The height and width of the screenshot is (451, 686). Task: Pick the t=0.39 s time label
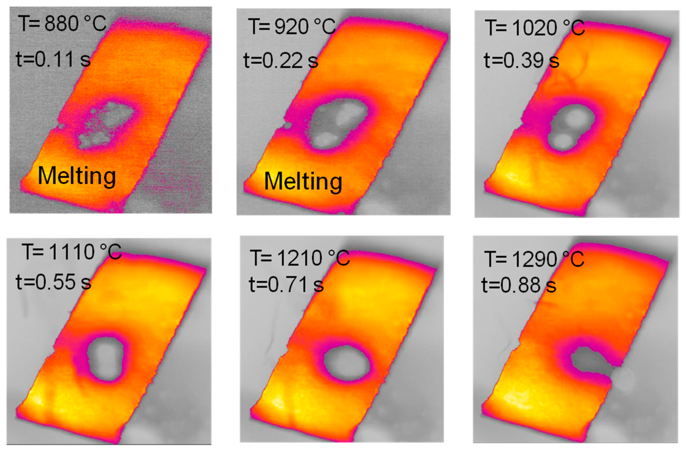tap(521, 60)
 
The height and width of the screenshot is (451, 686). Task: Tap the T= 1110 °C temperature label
tap(72, 252)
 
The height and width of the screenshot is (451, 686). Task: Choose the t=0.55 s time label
tap(53, 282)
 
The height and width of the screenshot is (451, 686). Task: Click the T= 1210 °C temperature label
tap(300, 258)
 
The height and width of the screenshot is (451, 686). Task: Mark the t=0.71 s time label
tap(286, 284)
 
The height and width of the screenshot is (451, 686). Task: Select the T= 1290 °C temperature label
tap(534, 259)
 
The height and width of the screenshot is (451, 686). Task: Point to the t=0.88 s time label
tap(519, 285)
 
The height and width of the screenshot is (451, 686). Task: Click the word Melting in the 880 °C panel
tap(77, 176)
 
